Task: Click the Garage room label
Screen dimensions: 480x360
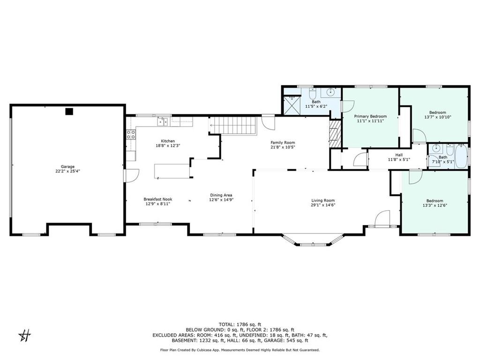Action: (x=67, y=167)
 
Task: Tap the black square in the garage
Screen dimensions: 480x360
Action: (x=69, y=112)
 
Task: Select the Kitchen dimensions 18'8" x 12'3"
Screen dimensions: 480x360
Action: (x=168, y=146)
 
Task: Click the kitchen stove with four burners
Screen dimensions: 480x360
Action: (x=131, y=135)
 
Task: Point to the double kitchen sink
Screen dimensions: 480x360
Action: (x=163, y=122)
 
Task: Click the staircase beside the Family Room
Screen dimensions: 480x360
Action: (x=232, y=126)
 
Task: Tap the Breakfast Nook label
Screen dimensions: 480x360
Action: (x=158, y=199)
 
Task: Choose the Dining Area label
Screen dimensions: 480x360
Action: (x=221, y=195)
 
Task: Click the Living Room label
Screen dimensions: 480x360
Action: (x=323, y=201)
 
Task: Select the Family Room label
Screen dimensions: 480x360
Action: (x=283, y=142)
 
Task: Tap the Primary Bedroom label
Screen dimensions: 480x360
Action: (x=370, y=116)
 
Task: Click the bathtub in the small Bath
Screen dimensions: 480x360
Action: (x=461, y=157)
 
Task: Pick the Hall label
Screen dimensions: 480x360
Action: (x=399, y=155)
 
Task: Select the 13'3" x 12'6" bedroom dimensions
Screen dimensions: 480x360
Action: (x=435, y=205)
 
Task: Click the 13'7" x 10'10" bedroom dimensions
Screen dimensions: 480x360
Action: (x=438, y=117)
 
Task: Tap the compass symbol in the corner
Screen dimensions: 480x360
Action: (x=25, y=336)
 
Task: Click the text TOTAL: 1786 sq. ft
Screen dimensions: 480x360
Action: (x=240, y=324)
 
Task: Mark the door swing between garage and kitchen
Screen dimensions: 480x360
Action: (x=132, y=175)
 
